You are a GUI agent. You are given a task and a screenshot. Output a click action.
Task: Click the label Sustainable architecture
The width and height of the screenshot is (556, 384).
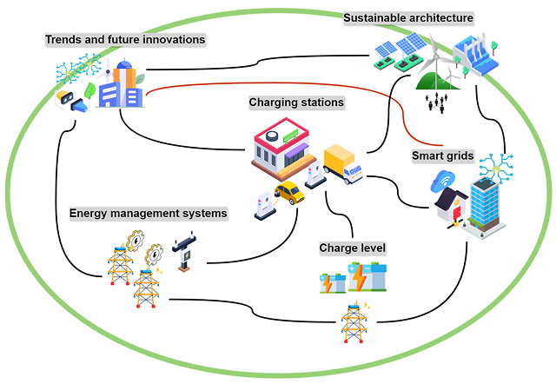[x=407, y=17]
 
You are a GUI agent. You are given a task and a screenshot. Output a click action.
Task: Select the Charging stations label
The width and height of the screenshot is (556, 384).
[x=296, y=103]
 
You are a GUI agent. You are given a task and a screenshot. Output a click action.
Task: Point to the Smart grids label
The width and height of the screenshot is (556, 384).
[x=442, y=156]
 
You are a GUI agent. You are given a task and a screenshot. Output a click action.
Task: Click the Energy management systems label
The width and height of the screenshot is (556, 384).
[x=149, y=213]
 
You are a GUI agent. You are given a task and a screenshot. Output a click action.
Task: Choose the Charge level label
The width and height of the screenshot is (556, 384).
[x=352, y=248]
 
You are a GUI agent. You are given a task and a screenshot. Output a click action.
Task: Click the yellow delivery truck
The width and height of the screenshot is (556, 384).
[x=342, y=163]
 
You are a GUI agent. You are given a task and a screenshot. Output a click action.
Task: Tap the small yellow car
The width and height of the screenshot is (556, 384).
[x=289, y=192]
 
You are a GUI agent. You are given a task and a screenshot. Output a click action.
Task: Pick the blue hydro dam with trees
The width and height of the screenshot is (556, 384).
[x=476, y=50]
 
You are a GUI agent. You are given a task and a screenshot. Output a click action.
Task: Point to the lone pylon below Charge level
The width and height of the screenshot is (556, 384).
[x=353, y=322]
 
